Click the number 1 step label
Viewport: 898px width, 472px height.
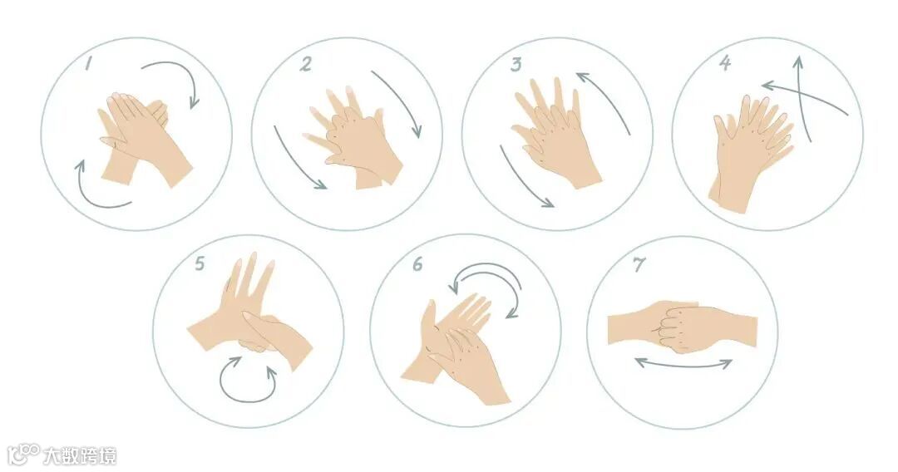point(89,62)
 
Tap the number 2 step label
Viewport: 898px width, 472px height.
point(306,64)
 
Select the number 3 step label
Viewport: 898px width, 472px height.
point(516,64)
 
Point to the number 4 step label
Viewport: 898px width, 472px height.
point(725,63)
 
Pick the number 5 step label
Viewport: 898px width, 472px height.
point(200,263)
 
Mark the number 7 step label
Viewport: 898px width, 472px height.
point(639,264)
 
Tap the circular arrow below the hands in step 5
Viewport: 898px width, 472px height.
point(248,399)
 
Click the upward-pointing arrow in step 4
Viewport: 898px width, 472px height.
point(801,96)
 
